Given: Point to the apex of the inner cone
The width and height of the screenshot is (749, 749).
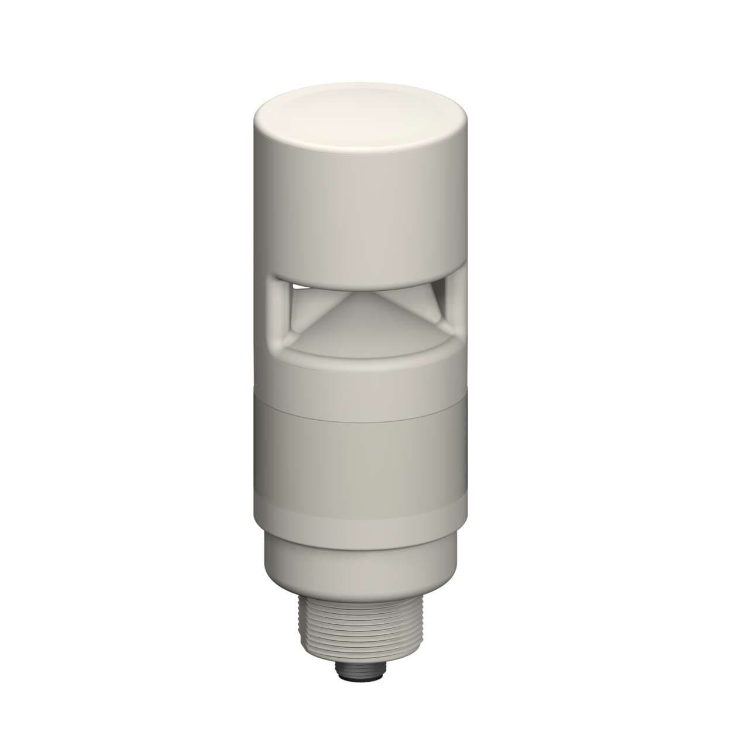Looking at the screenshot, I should [x=359, y=293].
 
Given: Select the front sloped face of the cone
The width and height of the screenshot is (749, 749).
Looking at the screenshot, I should [x=358, y=319].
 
